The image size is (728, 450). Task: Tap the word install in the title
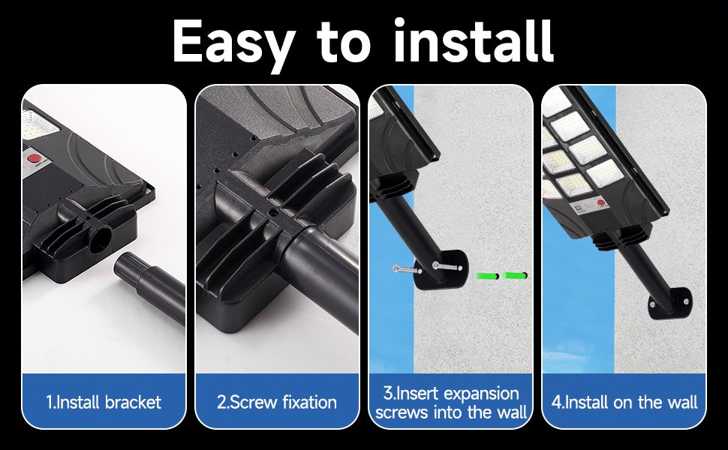click(474, 40)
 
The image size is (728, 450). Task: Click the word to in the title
click(344, 42)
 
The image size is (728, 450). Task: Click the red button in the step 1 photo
click(34, 159)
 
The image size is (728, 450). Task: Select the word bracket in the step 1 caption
click(134, 402)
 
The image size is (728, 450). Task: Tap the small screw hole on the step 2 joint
click(273, 214)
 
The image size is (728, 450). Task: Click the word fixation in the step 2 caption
click(309, 402)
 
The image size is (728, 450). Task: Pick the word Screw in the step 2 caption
click(254, 402)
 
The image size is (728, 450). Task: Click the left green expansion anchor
click(486, 276)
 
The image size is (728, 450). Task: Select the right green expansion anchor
click(515, 275)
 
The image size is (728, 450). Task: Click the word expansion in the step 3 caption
click(480, 394)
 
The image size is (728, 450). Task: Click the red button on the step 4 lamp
click(601, 202)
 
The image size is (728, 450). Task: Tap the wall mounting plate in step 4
click(670, 304)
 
